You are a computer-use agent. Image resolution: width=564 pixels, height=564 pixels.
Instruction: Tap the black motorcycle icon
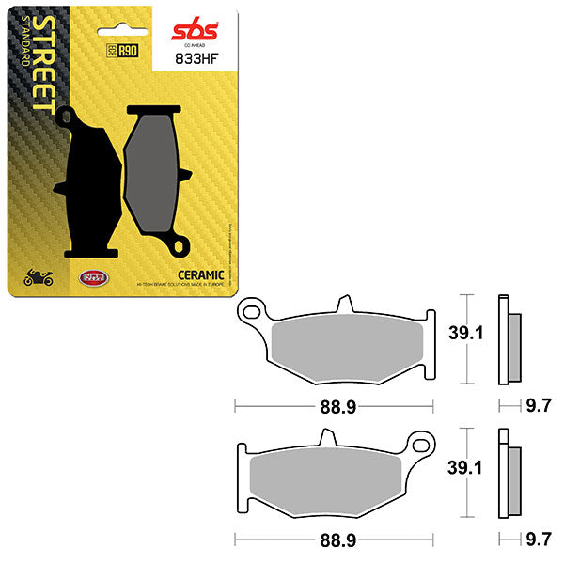point(38,277)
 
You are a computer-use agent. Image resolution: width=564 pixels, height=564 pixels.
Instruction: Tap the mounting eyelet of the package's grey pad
point(180,249)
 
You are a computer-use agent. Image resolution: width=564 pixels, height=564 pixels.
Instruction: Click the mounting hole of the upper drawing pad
point(250,308)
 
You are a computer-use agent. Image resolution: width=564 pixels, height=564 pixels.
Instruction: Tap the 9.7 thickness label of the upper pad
point(539,406)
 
